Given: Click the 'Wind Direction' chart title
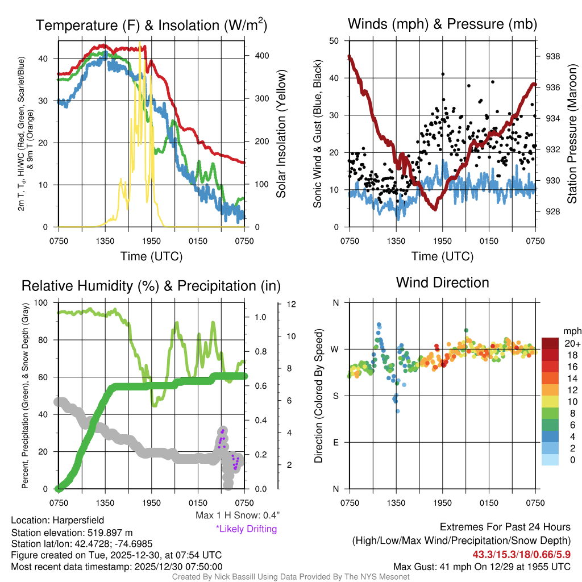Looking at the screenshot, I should coord(442,282).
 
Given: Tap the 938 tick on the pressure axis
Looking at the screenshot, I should coord(552,56).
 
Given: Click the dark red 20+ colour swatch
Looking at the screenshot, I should coord(550,343).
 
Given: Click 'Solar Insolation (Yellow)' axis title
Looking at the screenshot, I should coord(281,134).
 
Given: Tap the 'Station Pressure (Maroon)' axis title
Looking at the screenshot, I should coord(572,134).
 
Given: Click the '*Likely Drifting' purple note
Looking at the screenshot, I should coord(246,529).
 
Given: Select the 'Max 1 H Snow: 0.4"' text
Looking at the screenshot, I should coord(238,515).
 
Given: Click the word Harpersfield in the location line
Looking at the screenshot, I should coord(79,520).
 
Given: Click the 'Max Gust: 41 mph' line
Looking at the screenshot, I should coord(482,567).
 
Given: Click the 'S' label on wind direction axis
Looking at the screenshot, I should coord(335,396).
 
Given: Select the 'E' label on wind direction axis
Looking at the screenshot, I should coord(335,442).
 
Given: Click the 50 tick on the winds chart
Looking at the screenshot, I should coord(334,41).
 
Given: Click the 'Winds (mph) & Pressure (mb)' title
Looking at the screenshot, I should coord(442,24).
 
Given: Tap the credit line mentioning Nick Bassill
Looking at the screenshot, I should coord(290,577).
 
